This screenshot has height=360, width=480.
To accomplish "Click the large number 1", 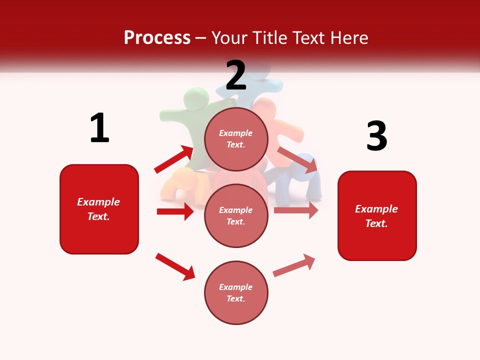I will click(x=99, y=128).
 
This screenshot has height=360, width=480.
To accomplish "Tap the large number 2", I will click(x=236, y=75).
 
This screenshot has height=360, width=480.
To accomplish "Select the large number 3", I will click(x=376, y=136).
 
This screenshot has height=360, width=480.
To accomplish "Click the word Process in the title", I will click(x=157, y=37).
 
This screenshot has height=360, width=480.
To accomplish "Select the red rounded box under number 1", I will click(x=99, y=209).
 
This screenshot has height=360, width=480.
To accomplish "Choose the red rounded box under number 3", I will click(x=377, y=215).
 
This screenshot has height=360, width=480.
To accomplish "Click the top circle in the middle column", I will click(x=236, y=139).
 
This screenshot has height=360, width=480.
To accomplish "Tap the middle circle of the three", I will click(x=236, y=215).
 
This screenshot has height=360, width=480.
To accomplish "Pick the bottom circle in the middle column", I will click(x=236, y=292).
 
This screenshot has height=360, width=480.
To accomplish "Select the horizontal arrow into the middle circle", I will click(x=175, y=211).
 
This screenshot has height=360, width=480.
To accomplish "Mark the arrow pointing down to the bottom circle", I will click(x=175, y=266).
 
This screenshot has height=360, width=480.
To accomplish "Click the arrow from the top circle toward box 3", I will click(x=297, y=160).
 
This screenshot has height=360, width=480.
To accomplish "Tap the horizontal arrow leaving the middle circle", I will click(x=296, y=210).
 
